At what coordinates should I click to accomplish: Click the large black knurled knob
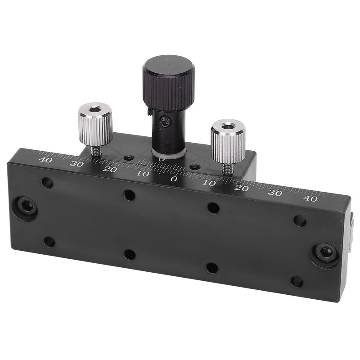[168, 83]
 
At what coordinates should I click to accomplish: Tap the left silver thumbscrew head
[95, 124]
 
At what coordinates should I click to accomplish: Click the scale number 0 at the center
[174, 179]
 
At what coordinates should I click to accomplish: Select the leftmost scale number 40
[45, 160]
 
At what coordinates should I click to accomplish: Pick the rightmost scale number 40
[310, 198]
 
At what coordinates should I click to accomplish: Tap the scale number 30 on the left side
[76, 164]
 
